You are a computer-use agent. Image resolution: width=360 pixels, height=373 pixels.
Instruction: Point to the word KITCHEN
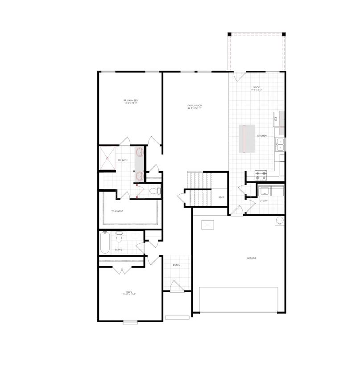coord(262,135)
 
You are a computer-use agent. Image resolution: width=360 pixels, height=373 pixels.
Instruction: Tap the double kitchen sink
coord(281,144)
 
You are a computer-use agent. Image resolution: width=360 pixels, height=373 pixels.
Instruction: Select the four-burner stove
coord(261,175)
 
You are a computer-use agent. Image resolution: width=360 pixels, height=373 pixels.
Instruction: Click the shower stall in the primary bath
coord(108,158)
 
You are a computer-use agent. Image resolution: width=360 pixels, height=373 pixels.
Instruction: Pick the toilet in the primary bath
coord(154,191)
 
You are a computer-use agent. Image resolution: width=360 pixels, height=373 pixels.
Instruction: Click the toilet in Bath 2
coord(119,235)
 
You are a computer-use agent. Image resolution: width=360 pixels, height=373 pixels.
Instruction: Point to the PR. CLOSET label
coord(117,211)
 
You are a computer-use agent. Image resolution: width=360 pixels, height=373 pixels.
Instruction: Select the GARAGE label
coord(252,258)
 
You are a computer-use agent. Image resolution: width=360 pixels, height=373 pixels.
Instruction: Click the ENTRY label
coord(177,266)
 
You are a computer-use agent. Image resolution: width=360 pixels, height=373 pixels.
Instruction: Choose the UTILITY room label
coord(264,201)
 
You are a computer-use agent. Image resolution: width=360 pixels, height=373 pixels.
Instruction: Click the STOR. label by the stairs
coord(221,197)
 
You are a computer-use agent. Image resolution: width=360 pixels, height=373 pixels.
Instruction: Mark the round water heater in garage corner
coord(279,221)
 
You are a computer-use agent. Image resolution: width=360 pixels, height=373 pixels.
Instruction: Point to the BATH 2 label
coord(118,250)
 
